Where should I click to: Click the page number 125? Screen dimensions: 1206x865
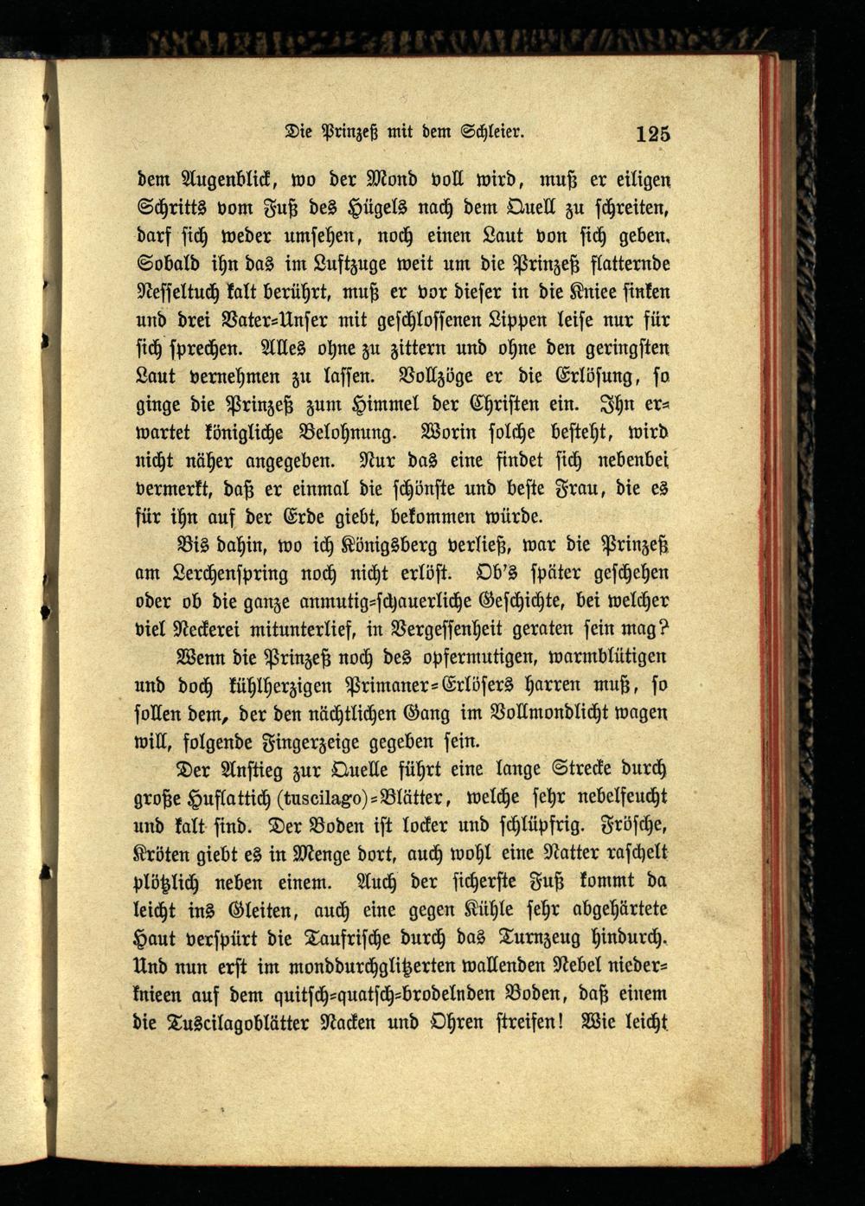coord(652,134)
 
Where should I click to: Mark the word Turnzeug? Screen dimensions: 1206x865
coord(535,937)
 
